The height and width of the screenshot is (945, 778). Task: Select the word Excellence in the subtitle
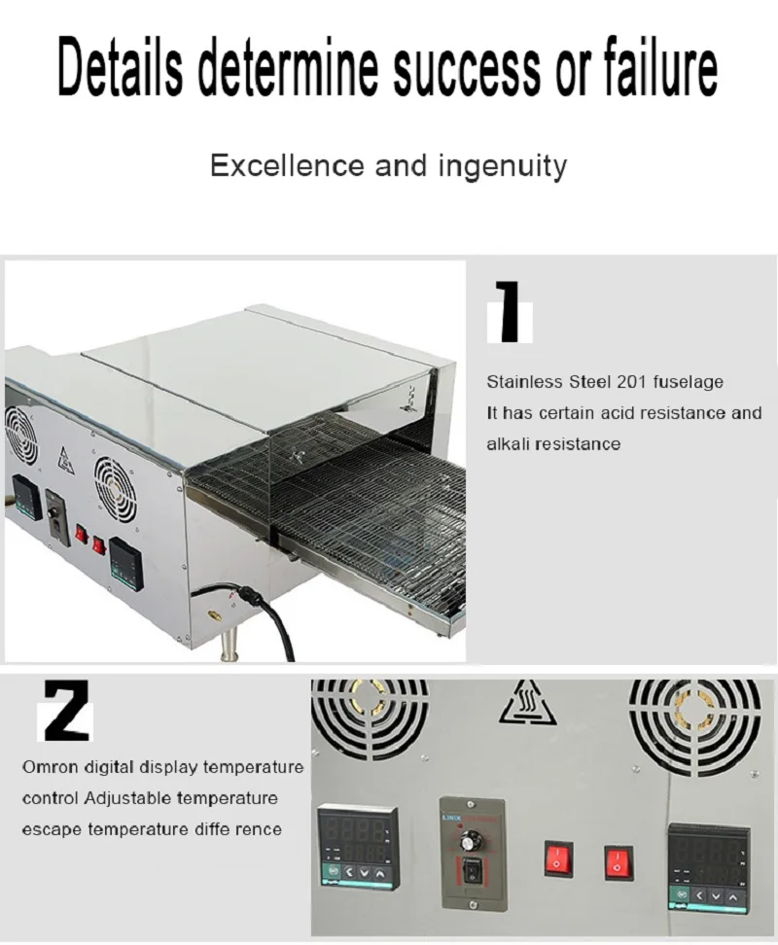(x=289, y=165)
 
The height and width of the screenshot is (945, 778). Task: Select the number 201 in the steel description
(x=632, y=382)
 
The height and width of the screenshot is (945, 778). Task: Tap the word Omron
(x=49, y=767)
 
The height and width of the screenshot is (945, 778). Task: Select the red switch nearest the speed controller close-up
(x=557, y=859)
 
